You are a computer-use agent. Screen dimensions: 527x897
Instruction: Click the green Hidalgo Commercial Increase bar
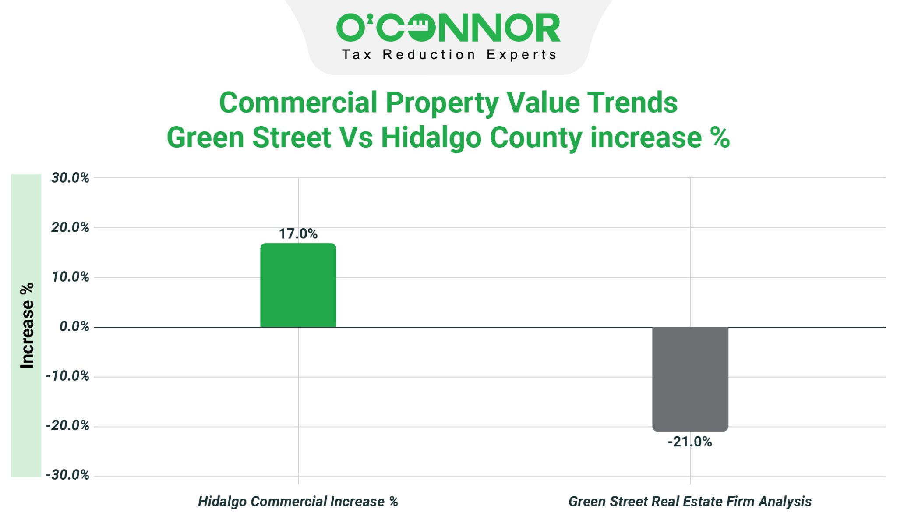tap(298, 285)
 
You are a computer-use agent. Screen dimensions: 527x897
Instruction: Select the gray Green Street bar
tap(690, 379)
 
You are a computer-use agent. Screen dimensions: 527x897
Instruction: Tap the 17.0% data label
tap(298, 234)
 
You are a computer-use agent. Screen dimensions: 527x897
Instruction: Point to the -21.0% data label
tap(690, 442)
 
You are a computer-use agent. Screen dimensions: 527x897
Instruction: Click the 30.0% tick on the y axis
tap(70, 178)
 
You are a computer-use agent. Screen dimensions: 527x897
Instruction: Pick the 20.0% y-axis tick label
tap(70, 227)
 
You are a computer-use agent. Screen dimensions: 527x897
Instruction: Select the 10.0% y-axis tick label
tap(70, 277)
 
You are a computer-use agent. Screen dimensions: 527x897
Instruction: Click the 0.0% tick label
tap(74, 326)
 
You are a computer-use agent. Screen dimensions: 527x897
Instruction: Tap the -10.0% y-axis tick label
tap(67, 376)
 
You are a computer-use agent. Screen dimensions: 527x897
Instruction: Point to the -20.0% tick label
tap(67, 425)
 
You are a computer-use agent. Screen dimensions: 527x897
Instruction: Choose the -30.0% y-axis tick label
tap(67, 475)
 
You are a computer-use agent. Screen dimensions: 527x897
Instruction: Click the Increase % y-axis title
tap(27, 325)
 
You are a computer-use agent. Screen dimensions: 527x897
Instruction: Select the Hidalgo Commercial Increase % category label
tap(298, 502)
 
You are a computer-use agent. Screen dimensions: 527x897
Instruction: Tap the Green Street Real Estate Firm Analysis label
tap(690, 502)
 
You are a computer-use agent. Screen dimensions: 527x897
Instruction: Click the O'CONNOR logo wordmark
tap(448, 28)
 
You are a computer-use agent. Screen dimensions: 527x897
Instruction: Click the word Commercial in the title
tap(298, 103)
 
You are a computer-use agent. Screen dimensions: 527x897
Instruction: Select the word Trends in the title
tap(632, 103)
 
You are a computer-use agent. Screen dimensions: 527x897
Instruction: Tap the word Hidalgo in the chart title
tap(431, 138)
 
